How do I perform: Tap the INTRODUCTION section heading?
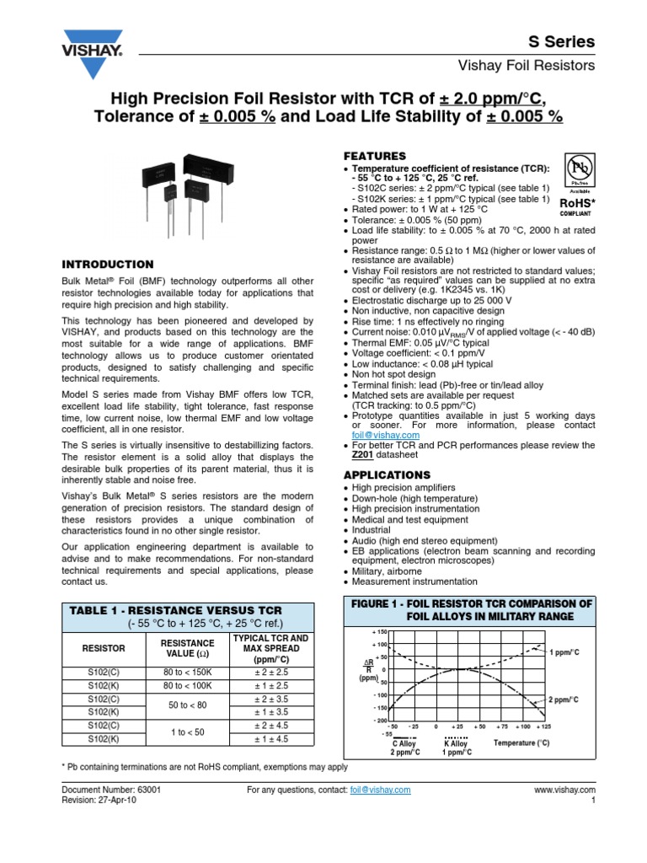click(x=109, y=264)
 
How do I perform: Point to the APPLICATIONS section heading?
click(x=386, y=474)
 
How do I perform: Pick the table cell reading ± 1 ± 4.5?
click(x=270, y=738)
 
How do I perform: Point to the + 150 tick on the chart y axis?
click(x=378, y=631)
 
